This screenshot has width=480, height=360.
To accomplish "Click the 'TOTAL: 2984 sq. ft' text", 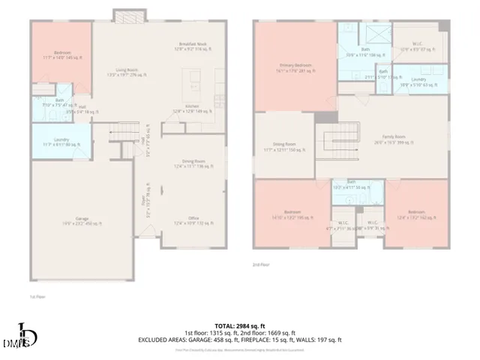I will coord(238,324).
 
